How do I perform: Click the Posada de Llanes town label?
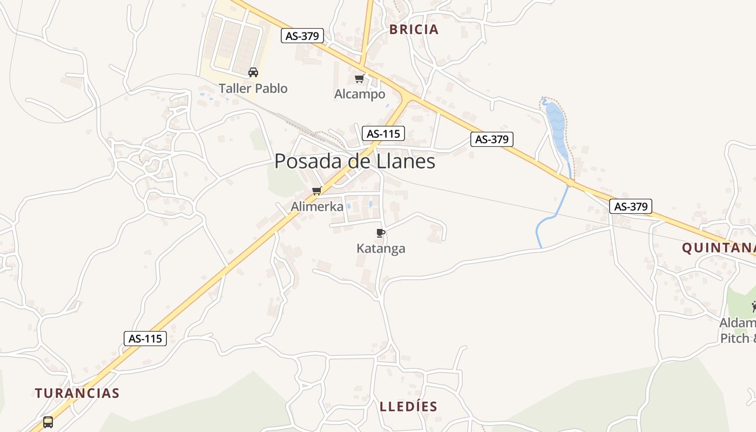click(x=355, y=161)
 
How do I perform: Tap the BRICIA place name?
click(x=414, y=30)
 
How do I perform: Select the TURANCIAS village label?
click(x=77, y=393)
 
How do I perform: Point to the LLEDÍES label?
click(x=408, y=407)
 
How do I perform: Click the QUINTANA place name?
click(x=718, y=248)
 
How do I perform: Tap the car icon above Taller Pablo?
click(x=253, y=72)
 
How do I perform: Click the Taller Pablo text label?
click(x=253, y=88)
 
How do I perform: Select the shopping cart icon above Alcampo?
click(x=359, y=79)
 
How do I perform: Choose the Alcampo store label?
click(x=360, y=94)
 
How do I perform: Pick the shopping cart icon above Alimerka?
click(x=317, y=191)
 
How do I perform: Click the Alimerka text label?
click(x=317, y=206)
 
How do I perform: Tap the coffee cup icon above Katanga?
click(x=381, y=233)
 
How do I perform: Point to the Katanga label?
click(x=381, y=248)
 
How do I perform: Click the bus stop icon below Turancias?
click(x=48, y=422)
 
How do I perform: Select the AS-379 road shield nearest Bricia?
click(x=302, y=36)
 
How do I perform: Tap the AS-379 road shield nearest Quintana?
click(x=631, y=206)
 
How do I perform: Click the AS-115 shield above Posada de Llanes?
click(x=383, y=133)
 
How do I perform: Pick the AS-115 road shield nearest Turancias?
click(x=145, y=339)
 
